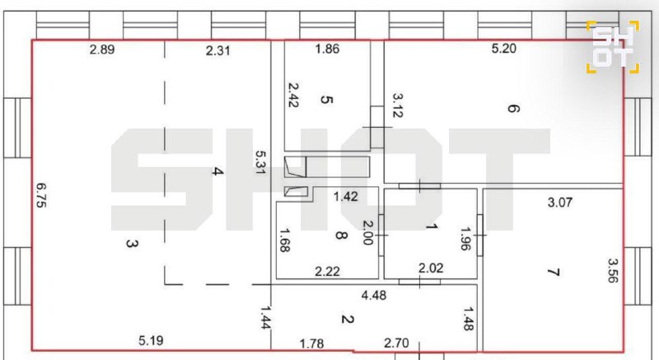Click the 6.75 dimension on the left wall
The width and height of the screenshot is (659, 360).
[41, 195]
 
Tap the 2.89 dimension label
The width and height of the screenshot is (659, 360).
[102, 49]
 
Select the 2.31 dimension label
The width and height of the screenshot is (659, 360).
[217, 51]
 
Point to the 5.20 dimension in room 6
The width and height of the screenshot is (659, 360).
[503, 49]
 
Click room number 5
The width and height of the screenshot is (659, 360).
[326, 100]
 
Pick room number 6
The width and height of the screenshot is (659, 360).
[513, 109]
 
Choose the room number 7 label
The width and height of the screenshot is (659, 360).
[554, 272]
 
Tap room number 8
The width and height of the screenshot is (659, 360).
[341, 236]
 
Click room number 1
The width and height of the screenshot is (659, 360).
[432, 227]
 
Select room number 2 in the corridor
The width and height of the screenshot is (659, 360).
[347, 320]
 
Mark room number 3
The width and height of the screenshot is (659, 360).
[132, 243]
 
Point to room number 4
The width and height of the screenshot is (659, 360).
[217, 171]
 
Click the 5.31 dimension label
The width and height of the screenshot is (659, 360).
[261, 162]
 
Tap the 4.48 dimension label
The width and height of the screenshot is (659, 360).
[374, 295]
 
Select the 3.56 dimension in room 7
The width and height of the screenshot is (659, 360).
[613, 270]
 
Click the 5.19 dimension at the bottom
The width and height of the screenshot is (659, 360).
[151, 340]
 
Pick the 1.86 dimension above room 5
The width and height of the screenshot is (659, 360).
[327, 49]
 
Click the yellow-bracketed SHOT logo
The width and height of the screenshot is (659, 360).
[613, 47]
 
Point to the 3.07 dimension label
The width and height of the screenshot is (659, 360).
[560, 203]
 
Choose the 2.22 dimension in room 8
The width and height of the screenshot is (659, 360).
[327, 271]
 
